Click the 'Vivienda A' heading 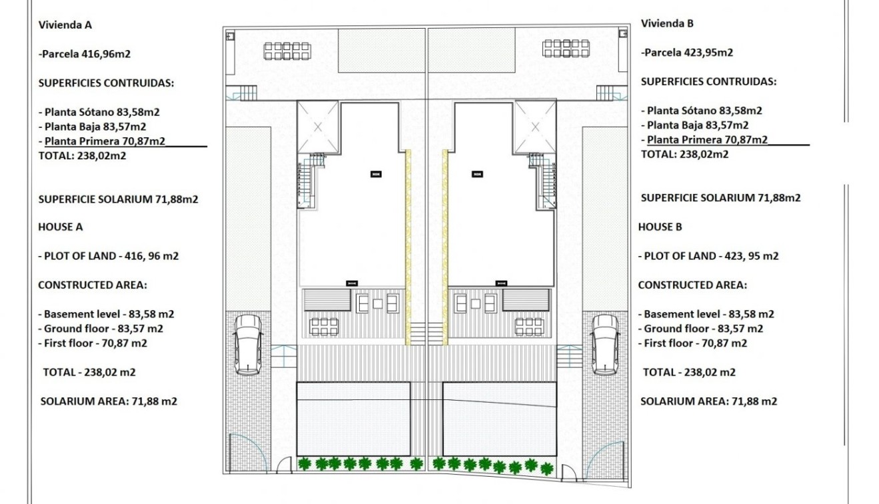[x=65, y=25]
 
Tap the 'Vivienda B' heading [x=667, y=23]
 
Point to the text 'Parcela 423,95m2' [x=687, y=52]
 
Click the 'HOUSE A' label [x=60, y=227]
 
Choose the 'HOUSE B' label [x=660, y=227]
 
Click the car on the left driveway [x=247, y=344]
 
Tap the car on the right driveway [x=605, y=344]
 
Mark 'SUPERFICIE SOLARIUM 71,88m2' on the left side [x=118, y=199]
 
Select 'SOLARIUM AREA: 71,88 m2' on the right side [x=708, y=401]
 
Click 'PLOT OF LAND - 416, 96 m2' [x=108, y=256]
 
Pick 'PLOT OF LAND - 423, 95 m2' [x=708, y=256]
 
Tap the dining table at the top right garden [x=566, y=49]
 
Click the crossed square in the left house [x=318, y=126]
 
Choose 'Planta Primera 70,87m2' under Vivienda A [x=105, y=141]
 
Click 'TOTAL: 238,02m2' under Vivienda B [x=684, y=154]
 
